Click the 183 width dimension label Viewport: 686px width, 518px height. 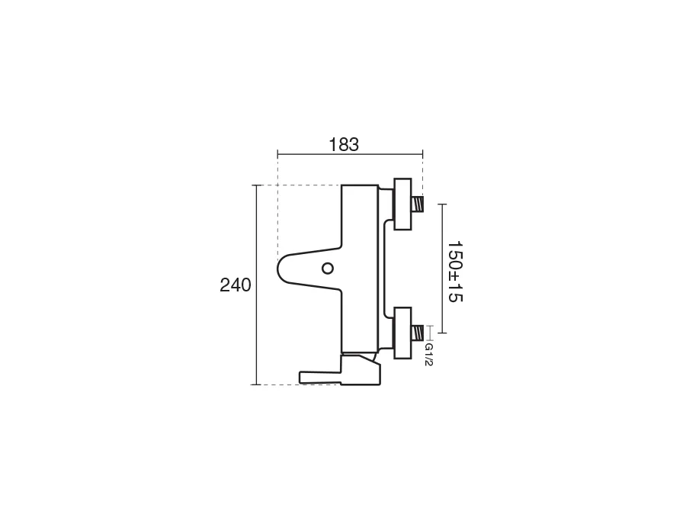click(344, 144)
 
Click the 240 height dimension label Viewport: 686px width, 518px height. click(236, 285)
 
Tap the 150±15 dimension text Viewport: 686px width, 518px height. click(455, 271)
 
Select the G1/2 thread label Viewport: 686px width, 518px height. click(428, 355)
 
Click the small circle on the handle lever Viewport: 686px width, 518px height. click(327, 269)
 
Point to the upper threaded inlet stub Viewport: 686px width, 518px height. click(418, 204)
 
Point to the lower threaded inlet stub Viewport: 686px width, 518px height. click(418, 333)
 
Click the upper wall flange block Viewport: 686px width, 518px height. click(402, 204)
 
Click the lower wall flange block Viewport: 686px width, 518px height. click(402, 333)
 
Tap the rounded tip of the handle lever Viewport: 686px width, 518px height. click(279, 269)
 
